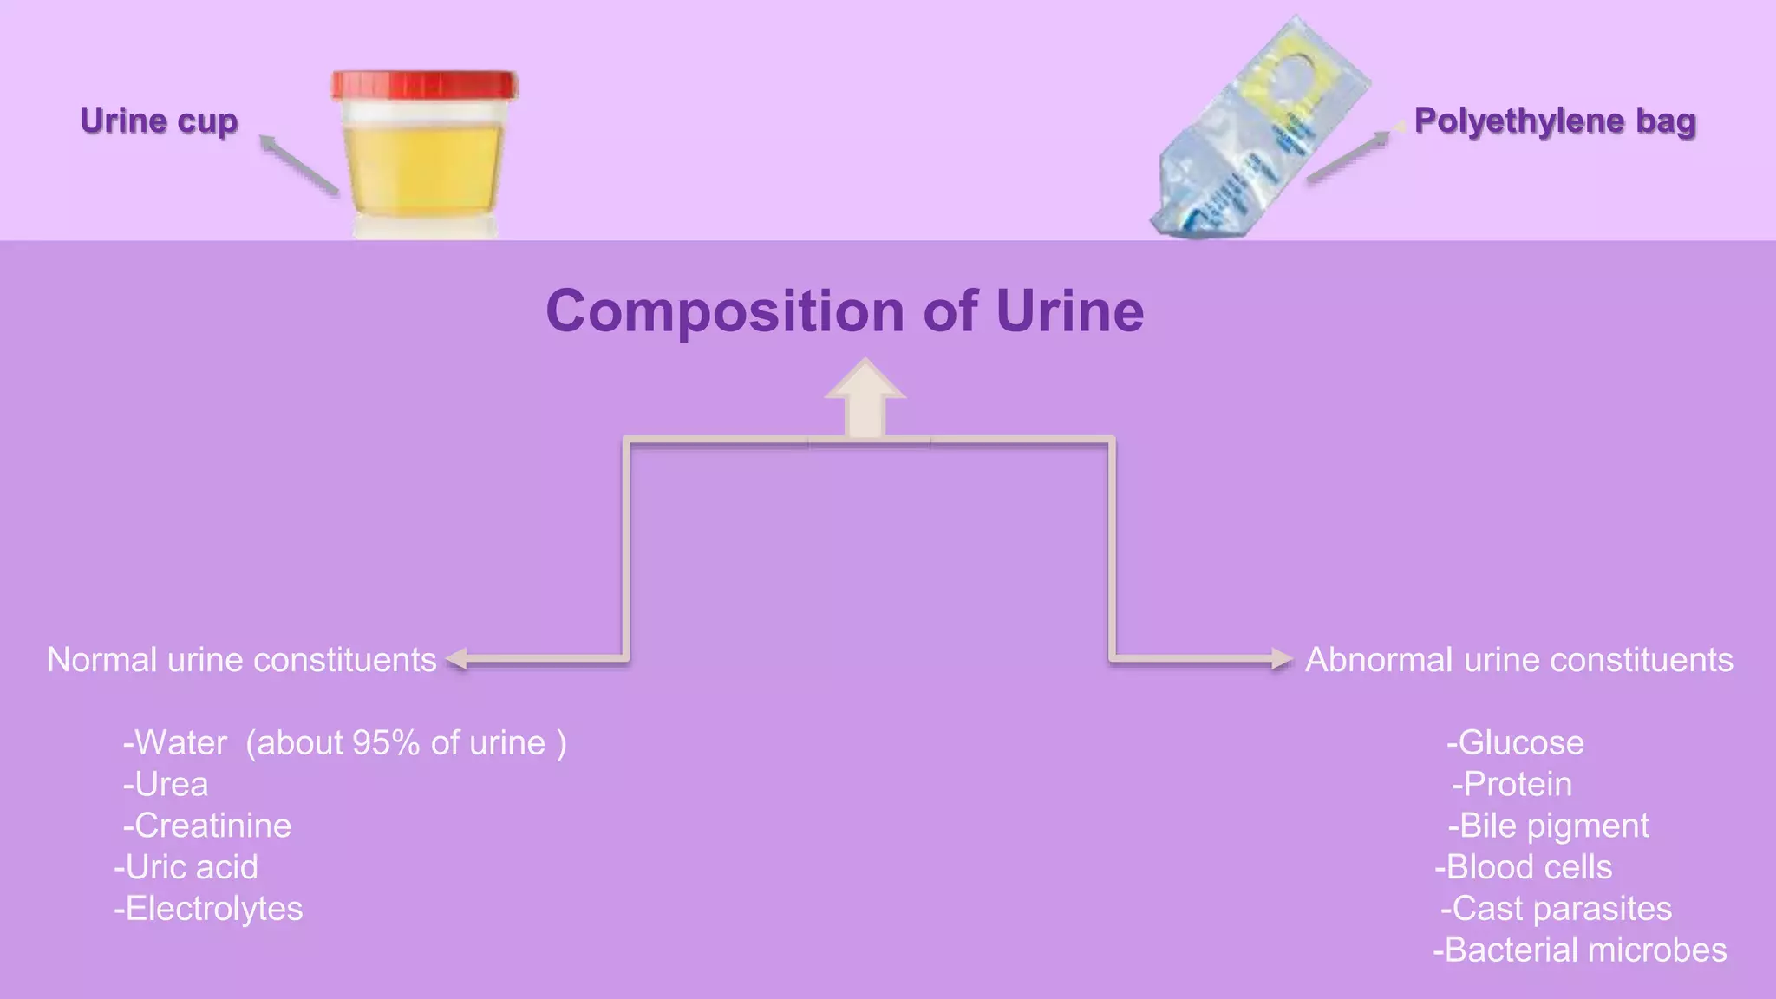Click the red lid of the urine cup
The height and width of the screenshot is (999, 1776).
(x=424, y=85)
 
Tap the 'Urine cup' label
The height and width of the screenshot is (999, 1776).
(x=159, y=121)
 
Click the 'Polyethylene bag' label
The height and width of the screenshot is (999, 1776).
(x=1555, y=121)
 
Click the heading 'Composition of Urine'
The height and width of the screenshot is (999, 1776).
(x=845, y=311)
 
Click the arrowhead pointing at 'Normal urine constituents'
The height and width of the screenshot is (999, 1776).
(x=457, y=659)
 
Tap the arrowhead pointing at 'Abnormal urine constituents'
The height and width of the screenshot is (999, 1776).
(x=1281, y=659)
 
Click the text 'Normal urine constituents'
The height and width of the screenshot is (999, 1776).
(x=241, y=660)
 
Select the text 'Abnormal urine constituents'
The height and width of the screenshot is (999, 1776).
(x=1519, y=660)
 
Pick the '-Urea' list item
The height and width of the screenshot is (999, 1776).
(x=166, y=785)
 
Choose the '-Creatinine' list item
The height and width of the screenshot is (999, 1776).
(x=207, y=826)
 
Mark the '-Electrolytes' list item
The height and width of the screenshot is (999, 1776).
(x=208, y=909)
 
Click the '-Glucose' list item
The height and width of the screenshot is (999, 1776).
(x=1515, y=743)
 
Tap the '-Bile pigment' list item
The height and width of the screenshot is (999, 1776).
(x=1549, y=826)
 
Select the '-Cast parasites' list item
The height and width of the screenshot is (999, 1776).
(x=1556, y=909)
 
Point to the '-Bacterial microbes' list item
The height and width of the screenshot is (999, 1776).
(x=1579, y=950)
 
